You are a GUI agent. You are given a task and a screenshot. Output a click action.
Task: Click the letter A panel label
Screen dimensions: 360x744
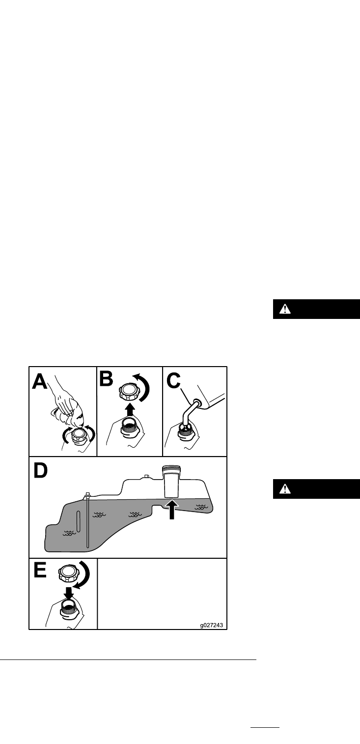(x=39, y=381)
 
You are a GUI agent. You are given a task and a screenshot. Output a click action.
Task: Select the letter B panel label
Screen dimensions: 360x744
(x=106, y=379)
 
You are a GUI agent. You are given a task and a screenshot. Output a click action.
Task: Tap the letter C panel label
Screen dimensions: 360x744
(x=174, y=381)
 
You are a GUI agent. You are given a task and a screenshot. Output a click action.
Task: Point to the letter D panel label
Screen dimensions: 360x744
(x=40, y=470)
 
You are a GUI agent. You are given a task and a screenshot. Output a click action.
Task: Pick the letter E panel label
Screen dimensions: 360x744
(x=40, y=570)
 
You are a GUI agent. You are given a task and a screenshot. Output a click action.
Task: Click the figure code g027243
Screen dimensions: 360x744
(x=212, y=625)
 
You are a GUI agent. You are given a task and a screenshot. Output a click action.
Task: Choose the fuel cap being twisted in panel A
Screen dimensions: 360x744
(x=79, y=436)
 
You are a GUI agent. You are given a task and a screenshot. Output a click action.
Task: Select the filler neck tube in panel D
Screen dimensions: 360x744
(x=171, y=482)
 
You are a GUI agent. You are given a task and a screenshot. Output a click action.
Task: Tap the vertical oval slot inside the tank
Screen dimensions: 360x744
(x=78, y=521)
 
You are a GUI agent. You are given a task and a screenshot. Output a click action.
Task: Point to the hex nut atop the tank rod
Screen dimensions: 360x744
(x=88, y=495)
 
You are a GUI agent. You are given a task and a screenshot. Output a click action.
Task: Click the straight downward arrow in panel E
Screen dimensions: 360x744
(x=68, y=592)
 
